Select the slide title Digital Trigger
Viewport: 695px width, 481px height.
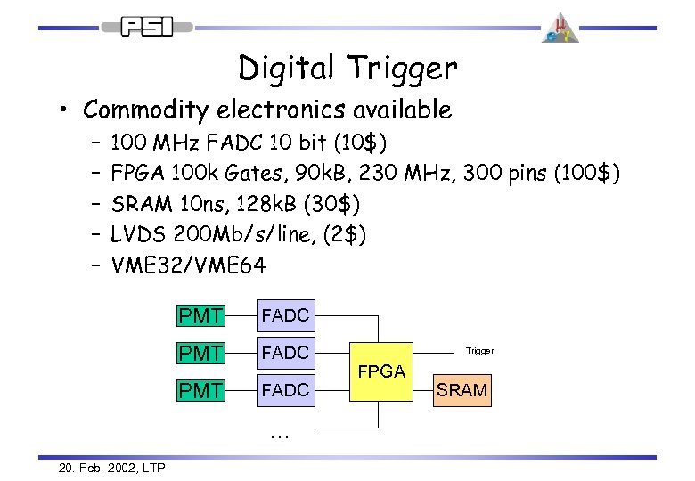tap(347, 68)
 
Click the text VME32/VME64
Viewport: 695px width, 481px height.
tap(188, 265)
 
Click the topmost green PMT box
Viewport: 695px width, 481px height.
tap(200, 315)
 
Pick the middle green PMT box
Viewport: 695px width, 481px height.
tap(200, 353)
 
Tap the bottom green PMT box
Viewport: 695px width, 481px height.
tap(200, 390)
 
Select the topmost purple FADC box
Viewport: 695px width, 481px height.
tap(284, 315)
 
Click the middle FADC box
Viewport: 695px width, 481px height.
tap(284, 353)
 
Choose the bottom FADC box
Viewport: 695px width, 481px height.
tap(284, 390)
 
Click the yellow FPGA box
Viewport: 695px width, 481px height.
tap(381, 371)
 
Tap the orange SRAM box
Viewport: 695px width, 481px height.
tap(462, 390)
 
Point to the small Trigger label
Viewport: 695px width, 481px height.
tap(479, 351)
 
